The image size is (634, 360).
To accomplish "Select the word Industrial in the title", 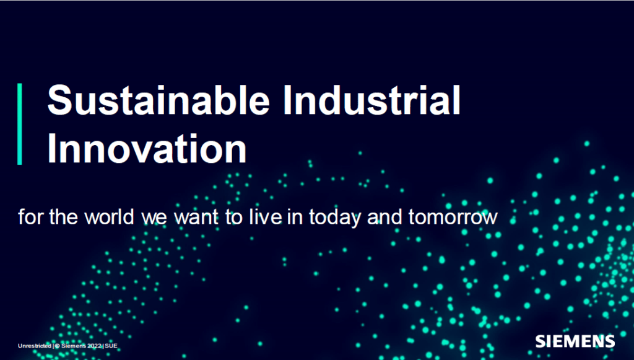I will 371,101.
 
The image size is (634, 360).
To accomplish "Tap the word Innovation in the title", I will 147,149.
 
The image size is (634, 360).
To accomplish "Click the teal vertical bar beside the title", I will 20,124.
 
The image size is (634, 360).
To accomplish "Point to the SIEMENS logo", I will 575,341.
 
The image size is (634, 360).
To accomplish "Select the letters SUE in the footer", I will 111,345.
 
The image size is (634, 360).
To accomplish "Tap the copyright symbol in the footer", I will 58,345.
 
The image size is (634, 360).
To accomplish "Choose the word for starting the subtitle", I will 27,218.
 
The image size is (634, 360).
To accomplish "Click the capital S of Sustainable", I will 59,101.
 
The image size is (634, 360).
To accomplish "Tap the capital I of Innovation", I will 52,149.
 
